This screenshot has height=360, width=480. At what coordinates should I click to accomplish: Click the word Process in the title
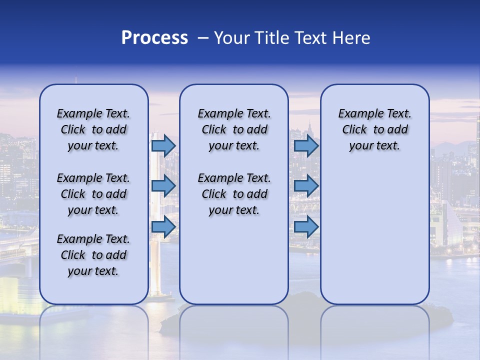click(x=154, y=38)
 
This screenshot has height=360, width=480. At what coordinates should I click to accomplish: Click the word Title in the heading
click(x=269, y=38)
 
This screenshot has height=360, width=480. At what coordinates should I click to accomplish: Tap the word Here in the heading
click(x=351, y=38)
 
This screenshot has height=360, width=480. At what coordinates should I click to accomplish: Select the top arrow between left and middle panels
click(x=163, y=145)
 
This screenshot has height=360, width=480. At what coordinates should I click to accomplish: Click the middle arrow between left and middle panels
click(x=163, y=186)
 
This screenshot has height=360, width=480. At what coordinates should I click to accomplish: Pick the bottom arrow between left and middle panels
click(x=163, y=227)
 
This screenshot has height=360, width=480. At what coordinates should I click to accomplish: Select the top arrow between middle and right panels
click(x=306, y=145)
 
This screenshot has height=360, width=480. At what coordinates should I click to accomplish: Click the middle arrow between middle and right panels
click(x=306, y=186)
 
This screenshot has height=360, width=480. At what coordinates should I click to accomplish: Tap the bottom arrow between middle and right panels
click(x=306, y=227)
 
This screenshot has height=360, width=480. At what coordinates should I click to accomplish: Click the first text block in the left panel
click(x=93, y=129)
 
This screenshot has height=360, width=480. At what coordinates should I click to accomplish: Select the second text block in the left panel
click(x=93, y=194)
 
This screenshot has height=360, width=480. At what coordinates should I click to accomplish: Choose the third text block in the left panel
click(x=93, y=255)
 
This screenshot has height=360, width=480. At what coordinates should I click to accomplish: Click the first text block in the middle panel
click(x=234, y=129)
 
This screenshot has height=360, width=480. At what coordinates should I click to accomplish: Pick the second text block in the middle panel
click(x=234, y=194)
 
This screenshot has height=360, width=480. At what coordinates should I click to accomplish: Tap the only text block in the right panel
click(x=374, y=129)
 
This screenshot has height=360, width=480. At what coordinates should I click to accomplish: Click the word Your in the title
click(x=231, y=38)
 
